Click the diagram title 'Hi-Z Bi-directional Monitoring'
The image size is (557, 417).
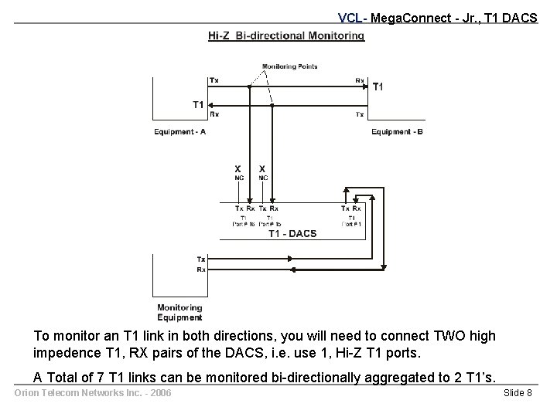point(286,36)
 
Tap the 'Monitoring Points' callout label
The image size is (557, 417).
point(290,66)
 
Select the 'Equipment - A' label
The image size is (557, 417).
point(180,132)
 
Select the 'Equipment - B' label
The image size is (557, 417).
point(397,132)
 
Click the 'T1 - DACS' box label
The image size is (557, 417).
point(292,234)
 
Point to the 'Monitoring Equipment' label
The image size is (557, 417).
point(180,312)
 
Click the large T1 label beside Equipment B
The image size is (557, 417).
point(378,86)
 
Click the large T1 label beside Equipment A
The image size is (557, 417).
point(199,104)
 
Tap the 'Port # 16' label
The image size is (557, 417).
point(244,224)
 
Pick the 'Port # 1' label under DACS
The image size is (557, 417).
point(352,224)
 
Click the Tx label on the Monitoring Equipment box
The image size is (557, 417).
point(201,259)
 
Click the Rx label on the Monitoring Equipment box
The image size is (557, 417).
point(201,270)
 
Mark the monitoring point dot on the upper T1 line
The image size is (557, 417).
point(249,86)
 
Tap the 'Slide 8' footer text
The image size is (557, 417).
point(518,394)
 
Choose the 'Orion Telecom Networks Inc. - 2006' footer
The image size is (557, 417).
point(92,394)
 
